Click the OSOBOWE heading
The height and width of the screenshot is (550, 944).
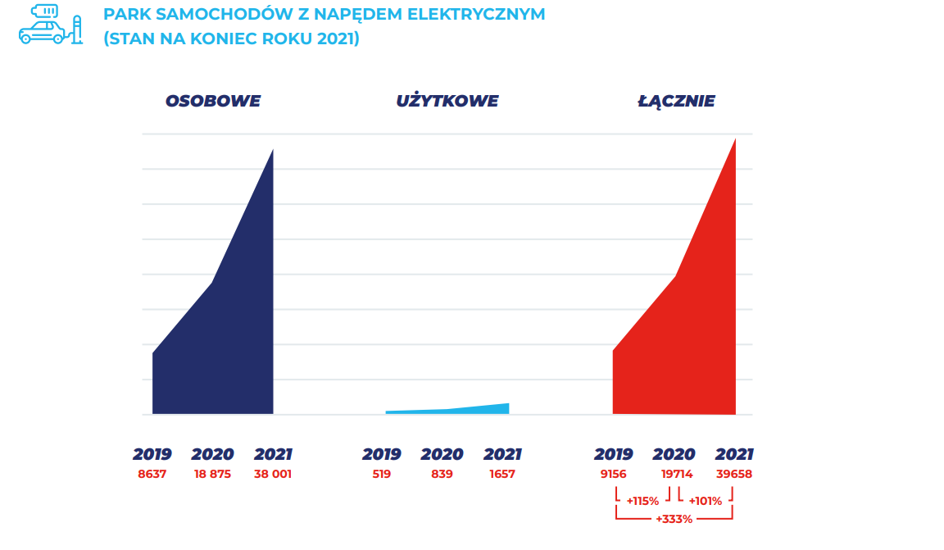pos(213,102)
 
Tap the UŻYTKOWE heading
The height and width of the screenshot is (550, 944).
pos(447,102)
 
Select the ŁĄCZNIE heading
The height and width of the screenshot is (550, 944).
pos(676,102)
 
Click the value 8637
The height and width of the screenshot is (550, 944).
pos(152,474)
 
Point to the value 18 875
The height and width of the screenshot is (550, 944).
pos(212,474)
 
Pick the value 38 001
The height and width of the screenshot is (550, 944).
pos(273,474)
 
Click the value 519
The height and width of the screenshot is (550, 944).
pos(381,474)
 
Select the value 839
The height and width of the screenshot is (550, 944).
pos(442,474)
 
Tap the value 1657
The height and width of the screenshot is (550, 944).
pos(501,474)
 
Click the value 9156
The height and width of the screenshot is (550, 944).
pos(613,474)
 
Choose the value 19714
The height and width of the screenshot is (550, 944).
pos(676,474)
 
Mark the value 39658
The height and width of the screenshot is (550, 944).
pos(734,474)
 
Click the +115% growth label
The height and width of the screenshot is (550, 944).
pos(642,501)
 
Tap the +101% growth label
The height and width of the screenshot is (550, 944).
pos(705,501)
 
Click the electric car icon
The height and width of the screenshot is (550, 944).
pos(50,25)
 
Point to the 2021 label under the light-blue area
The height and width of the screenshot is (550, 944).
pos(502,454)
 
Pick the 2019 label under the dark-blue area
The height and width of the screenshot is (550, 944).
pos(153,454)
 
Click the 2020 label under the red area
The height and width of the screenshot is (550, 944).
pos(674,454)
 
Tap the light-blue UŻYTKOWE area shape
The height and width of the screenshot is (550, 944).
pos(483,409)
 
